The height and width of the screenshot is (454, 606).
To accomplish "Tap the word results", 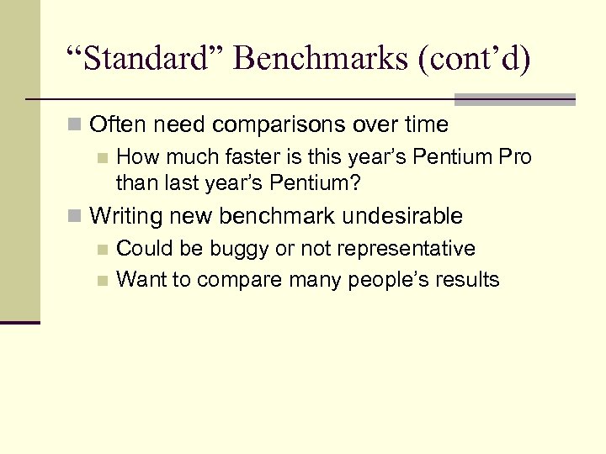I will tap(468, 279).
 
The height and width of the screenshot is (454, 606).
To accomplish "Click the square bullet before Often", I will tap(76, 126).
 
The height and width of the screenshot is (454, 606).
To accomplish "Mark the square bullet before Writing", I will tap(76, 217).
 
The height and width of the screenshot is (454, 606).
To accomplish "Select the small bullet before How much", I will tap(103, 158).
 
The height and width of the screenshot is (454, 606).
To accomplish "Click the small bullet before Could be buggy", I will tap(103, 250).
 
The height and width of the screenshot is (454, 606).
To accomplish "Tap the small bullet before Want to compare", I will tap(103, 280).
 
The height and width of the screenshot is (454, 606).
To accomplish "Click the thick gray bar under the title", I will tap(514, 98).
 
